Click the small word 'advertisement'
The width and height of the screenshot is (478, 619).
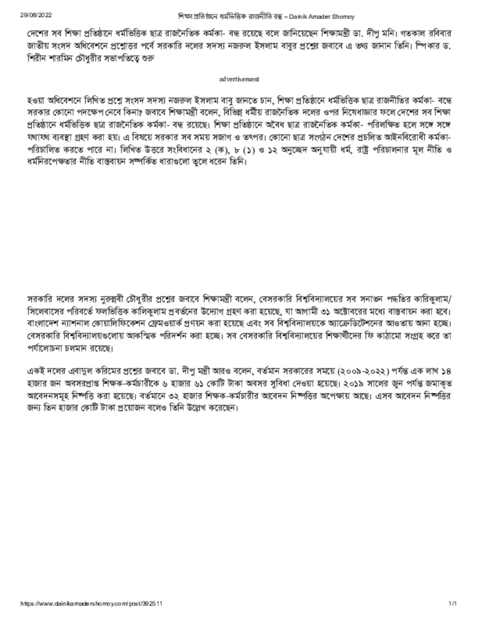(239, 79)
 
